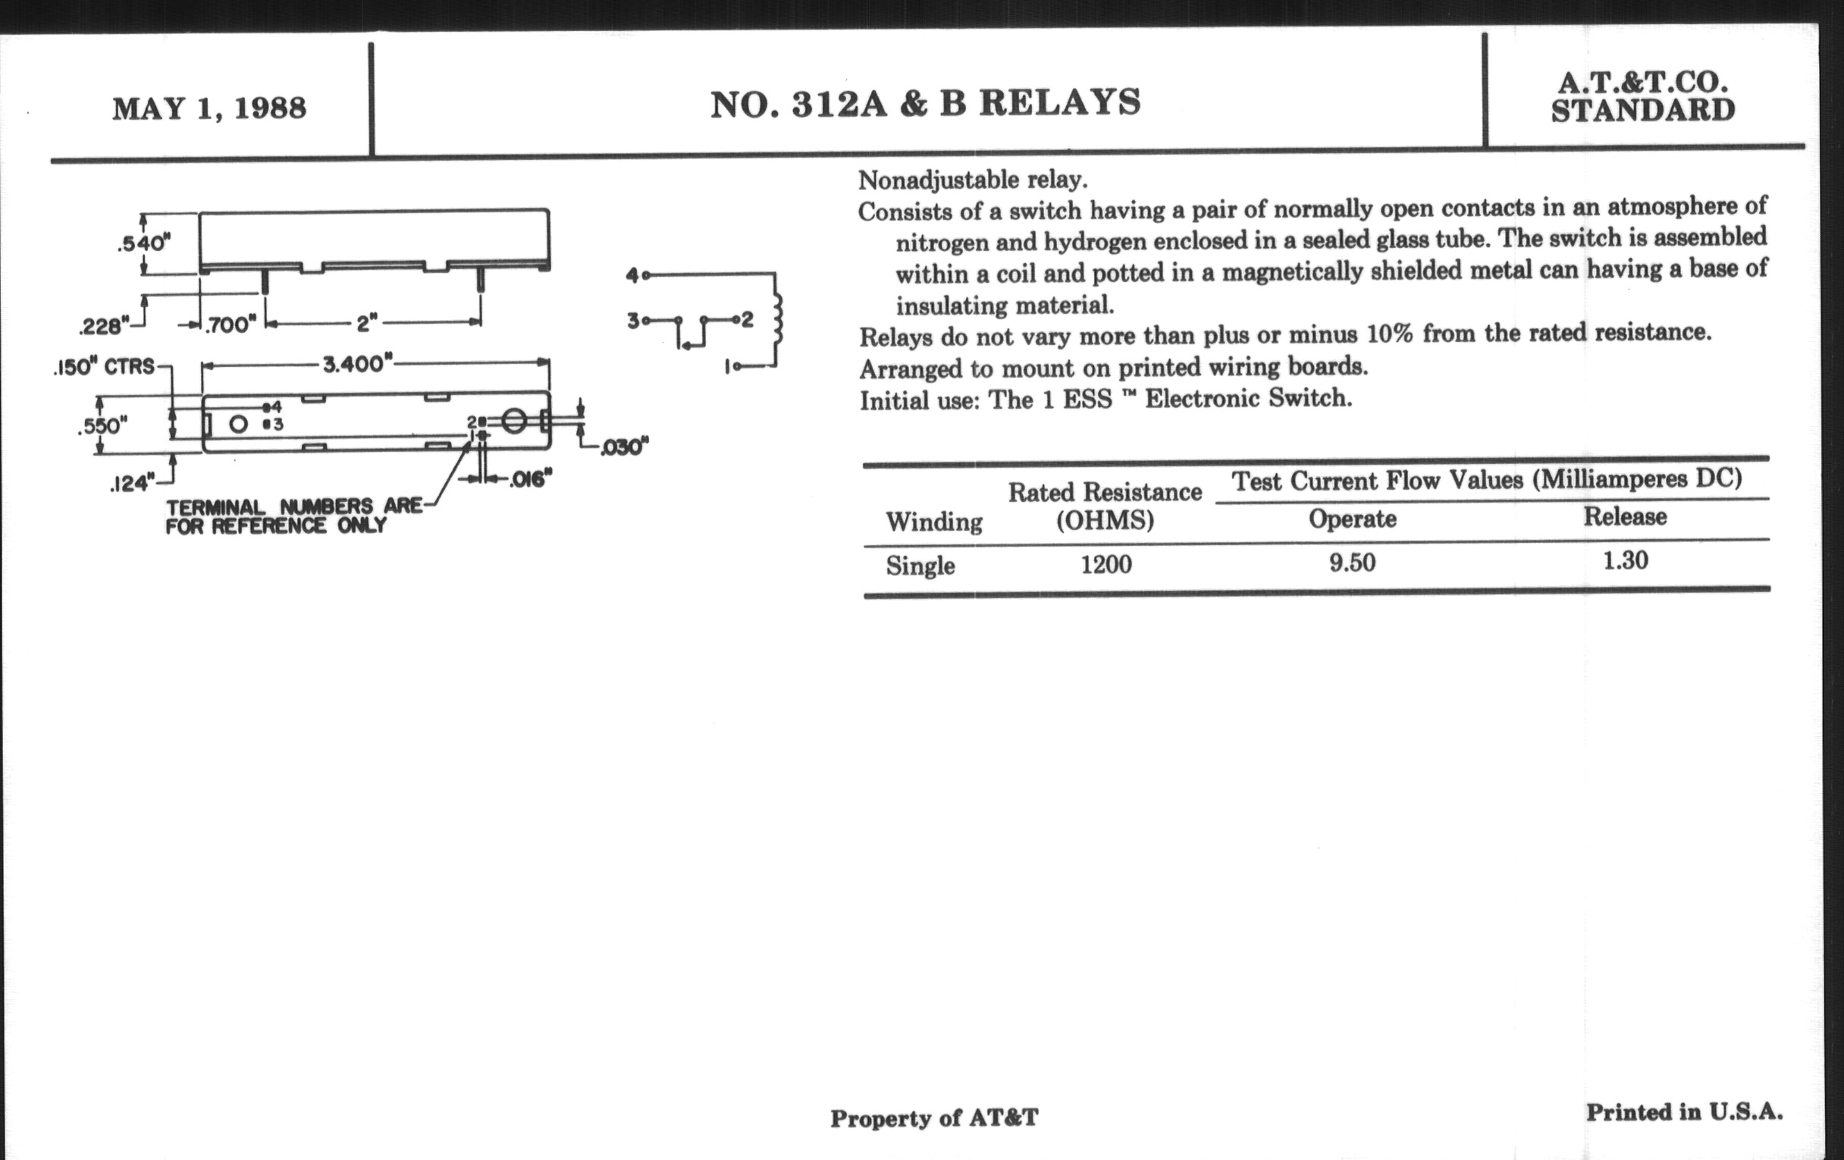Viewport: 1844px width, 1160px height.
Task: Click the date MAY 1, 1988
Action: [x=209, y=108]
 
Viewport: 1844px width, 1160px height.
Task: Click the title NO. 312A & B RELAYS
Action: [x=925, y=104]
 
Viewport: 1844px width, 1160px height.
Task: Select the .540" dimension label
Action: [x=143, y=243]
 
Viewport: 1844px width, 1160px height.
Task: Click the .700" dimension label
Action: [x=230, y=324]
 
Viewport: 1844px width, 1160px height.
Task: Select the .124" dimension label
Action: [x=131, y=484]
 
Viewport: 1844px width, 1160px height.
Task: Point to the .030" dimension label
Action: [x=624, y=447]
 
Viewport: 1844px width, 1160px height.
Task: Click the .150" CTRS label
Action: [x=104, y=368]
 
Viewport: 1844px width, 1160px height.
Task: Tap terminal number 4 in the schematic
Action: [x=632, y=275]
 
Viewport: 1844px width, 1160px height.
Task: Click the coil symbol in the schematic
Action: [x=779, y=319]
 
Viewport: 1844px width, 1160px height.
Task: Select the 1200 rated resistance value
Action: [x=1105, y=565]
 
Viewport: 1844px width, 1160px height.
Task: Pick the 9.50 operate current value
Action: [x=1352, y=563]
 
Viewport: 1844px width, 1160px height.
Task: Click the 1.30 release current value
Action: [x=1625, y=561]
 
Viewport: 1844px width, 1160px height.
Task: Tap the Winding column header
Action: [x=933, y=522]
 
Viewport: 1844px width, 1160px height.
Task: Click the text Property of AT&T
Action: [x=934, y=1118]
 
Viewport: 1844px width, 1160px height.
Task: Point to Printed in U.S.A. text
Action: [x=1684, y=1112]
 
